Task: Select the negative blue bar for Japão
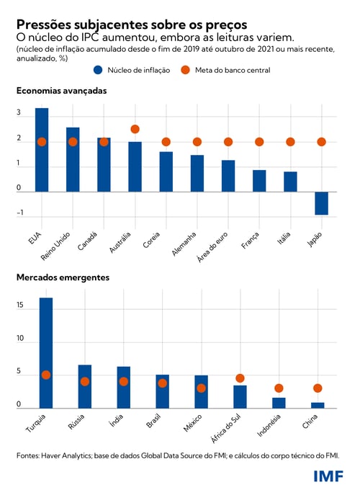pos(321,203)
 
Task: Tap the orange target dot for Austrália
pos(135,129)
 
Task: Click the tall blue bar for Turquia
pos(46,353)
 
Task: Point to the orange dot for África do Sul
pos(240,378)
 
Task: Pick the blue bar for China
pos(318,406)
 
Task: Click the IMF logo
pos(328,476)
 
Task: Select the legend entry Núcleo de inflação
pos(134,70)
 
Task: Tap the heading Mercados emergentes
pos(63,277)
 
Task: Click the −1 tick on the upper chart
pos(20,213)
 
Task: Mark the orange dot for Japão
pos(321,142)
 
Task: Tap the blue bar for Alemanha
pos(197,174)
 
